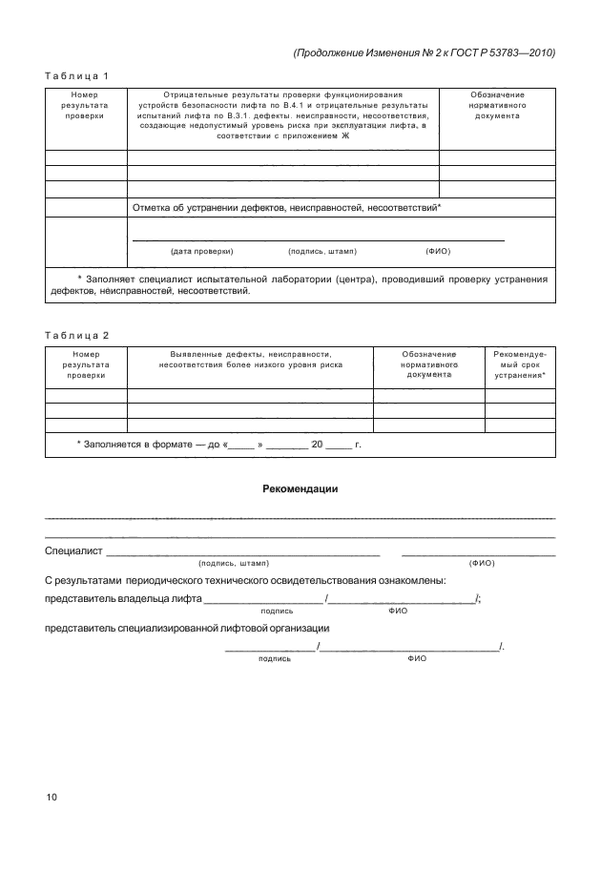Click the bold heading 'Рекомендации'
[300, 489]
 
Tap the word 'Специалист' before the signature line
[74, 551]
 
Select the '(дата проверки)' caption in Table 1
[201, 251]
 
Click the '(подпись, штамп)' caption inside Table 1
[321, 251]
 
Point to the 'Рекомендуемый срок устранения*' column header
[520, 364]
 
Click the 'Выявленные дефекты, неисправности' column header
[249, 359]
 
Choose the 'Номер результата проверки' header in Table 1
[86, 105]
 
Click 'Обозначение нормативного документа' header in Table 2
[429, 364]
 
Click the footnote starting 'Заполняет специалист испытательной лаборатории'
[300, 285]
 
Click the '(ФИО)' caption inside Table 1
[437, 251]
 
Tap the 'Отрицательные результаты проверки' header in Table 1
[282, 115]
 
